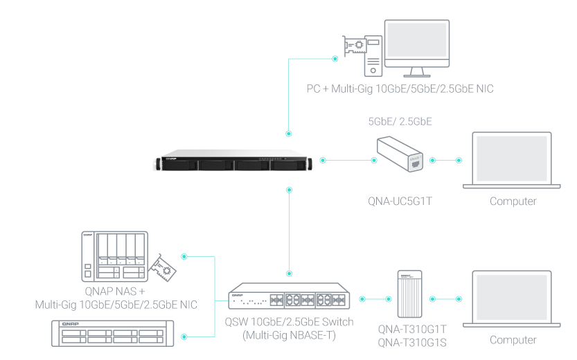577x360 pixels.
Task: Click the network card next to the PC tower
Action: click(354, 49)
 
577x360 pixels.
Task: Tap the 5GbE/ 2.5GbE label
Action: click(400, 121)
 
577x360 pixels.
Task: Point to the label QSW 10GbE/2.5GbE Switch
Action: click(289, 322)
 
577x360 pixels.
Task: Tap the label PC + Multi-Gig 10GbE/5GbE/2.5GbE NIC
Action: click(400, 89)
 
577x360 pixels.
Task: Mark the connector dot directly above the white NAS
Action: click(289, 132)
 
